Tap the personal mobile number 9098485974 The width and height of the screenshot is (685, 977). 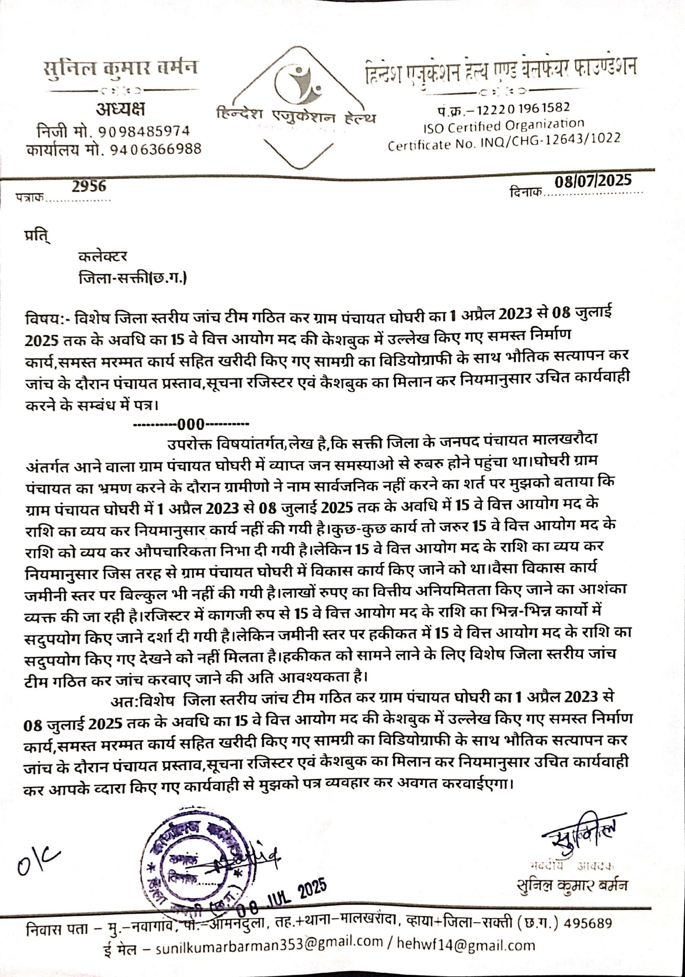145,131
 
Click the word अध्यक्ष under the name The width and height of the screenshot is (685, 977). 120,110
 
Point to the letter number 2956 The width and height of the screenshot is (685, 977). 89,187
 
